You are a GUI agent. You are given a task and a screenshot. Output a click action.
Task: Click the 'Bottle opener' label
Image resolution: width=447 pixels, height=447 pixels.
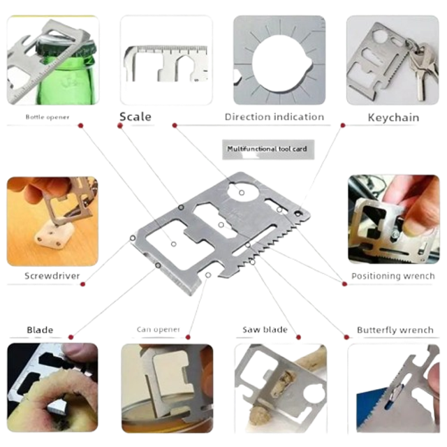(x=47, y=117)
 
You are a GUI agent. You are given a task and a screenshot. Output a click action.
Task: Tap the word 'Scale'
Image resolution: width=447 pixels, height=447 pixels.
(x=135, y=117)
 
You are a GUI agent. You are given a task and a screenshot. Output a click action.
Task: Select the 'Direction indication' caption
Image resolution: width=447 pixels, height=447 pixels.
(x=274, y=117)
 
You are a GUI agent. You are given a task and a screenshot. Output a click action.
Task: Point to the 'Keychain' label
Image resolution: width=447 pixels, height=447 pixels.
(x=393, y=117)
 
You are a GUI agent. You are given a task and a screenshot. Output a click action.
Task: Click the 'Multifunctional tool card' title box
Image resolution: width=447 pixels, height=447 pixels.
(x=268, y=149)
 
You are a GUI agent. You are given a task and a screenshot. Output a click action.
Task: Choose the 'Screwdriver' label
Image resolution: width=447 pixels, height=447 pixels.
(x=52, y=276)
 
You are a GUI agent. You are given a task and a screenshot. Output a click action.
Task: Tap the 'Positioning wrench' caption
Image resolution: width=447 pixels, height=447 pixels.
(x=393, y=276)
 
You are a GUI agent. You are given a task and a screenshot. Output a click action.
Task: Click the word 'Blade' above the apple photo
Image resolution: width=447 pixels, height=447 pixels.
(x=40, y=330)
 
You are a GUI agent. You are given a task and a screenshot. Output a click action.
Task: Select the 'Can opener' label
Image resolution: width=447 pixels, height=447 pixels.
(x=159, y=330)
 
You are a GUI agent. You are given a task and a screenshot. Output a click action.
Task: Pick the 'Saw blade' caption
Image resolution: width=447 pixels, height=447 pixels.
(x=265, y=330)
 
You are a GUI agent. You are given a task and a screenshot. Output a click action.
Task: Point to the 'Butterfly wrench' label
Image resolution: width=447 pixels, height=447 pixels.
(x=395, y=330)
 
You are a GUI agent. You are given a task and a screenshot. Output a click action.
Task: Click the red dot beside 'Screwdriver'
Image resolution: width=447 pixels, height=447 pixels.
(x=82, y=284)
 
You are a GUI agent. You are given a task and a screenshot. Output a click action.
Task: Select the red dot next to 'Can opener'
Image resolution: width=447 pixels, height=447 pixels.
(x=188, y=337)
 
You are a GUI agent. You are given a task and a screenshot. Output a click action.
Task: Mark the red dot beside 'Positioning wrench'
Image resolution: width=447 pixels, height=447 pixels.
(x=344, y=284)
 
